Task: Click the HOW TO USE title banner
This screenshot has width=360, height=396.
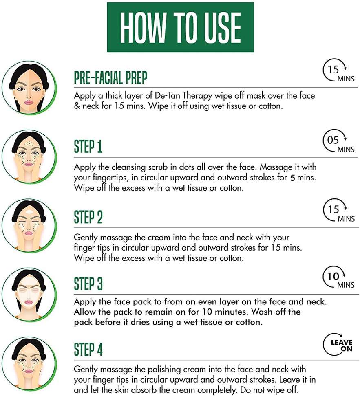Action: tap(180, 27)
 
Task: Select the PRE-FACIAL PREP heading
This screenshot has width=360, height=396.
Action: tap(110, 77)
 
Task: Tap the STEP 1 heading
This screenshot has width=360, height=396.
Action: tap(88, 147)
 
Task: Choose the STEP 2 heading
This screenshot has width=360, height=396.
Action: tap(88, 217)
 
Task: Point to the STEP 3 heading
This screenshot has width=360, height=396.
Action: tap(88, 284)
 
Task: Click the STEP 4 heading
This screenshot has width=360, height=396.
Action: tap(88, 350)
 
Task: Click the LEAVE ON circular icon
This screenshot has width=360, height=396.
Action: tap(338, 345)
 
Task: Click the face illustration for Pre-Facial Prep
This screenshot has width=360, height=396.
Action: tap(29, 88)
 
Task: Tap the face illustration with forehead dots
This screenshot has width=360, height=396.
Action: tap(29, 157)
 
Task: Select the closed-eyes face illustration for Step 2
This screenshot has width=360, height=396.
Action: tap(29, 226)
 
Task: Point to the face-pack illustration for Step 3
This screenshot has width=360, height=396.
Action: tap(29, 295)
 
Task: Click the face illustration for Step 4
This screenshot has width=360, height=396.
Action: tap(29, 364)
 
